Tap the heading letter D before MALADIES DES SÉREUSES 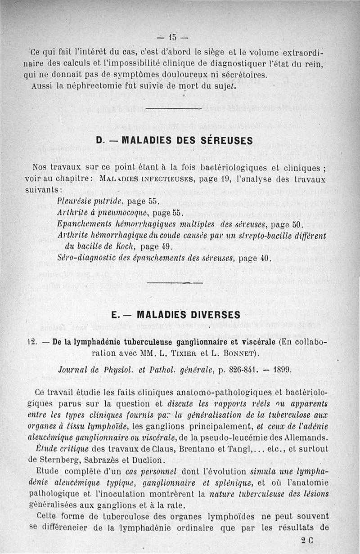tap(100, 140)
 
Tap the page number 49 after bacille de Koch tap(166, 246)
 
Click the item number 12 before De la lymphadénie tap(31, 342)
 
